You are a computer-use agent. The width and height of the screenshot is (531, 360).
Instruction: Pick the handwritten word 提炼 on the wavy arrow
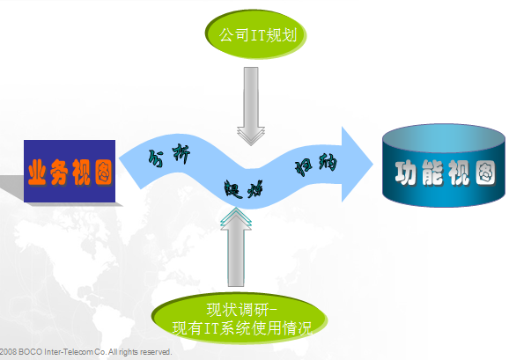239,187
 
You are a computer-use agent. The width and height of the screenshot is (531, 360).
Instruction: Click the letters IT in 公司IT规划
254,37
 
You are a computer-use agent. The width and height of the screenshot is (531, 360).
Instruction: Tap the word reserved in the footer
154,352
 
